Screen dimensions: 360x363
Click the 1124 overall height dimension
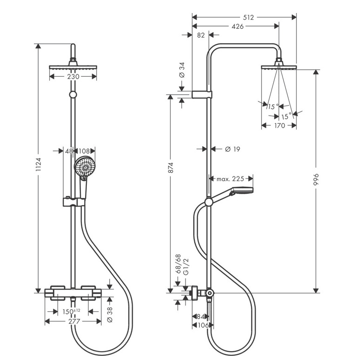(39, 168)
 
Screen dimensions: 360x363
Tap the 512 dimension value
(248, 18)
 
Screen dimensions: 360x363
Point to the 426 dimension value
(238, 26)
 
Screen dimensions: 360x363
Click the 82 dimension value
(201, 35)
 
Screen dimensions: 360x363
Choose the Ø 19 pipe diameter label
(232, 149)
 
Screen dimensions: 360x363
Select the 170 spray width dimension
(279, 125)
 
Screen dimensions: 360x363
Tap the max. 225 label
(231, 178)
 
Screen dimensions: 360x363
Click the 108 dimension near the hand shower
(84, 151)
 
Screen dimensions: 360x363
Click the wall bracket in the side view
(201, 95)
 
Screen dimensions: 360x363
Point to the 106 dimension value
(202, 325)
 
